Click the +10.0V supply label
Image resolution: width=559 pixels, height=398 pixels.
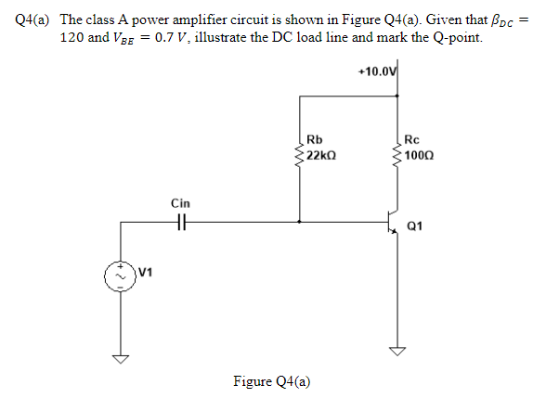click(377, 71)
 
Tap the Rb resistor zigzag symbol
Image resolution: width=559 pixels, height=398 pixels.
click(299, 155)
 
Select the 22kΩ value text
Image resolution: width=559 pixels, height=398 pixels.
click(321, 156)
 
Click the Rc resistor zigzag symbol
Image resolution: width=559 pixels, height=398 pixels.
click(397, 155)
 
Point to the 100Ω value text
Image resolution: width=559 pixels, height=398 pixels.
click(420, 156)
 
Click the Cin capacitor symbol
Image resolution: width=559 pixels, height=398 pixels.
click(182, 222)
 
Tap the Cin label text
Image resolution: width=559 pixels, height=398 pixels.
click(180, 203)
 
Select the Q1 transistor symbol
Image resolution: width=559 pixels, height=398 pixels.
click(393, 222)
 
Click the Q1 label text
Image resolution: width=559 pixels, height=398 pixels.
click(415, 226)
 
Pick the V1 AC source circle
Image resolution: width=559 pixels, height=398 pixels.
click(120, 276)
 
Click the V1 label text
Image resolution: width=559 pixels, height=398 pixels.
click(146, 273)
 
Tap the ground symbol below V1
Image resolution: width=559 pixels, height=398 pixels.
click(121, 358)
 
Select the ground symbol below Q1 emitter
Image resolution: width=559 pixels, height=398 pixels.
click(397, 351)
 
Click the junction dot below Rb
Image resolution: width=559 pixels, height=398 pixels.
click(299, 222)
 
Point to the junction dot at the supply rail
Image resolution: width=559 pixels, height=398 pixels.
click(397, 96)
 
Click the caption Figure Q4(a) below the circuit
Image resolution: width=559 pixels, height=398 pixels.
click(272, 381)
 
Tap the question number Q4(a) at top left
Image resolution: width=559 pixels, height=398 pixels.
click(32, 19)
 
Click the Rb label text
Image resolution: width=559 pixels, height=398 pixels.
click(315, 139)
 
